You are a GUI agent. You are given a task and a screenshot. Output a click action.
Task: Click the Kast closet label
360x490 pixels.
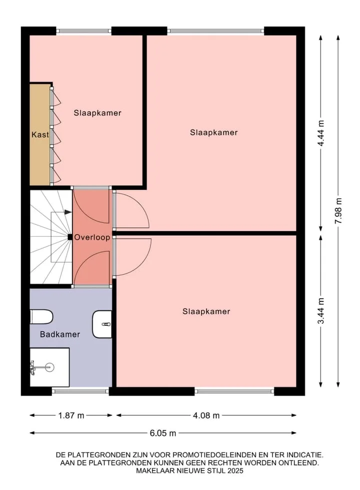click(40, 135)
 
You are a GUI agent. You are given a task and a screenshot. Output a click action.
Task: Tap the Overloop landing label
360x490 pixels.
click(92, 237)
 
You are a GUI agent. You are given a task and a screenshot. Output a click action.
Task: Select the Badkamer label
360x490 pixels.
click(60, 334)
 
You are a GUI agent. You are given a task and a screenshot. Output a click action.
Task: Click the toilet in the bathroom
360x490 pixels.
click(41, 316)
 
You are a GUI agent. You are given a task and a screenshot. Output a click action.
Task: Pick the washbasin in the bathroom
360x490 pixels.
click(102, 324)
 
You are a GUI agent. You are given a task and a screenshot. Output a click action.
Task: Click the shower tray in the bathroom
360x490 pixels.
click(49, 367)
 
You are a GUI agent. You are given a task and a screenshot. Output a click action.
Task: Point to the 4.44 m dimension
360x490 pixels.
click(320, 133)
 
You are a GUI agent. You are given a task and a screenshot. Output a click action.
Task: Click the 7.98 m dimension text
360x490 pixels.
click(338, 211)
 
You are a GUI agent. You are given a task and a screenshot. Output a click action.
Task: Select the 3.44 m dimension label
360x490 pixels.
click(320, 311)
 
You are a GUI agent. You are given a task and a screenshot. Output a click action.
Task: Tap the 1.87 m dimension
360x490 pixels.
click(71, 415)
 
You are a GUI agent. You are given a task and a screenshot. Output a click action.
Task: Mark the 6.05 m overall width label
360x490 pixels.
click(163, 433)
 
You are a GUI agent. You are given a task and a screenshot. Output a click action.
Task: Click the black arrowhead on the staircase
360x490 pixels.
click(68, 212)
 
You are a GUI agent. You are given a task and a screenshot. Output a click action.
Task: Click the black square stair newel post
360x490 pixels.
click(70, 237)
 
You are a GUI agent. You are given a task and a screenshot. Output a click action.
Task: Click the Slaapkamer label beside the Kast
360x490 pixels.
click(97, 113)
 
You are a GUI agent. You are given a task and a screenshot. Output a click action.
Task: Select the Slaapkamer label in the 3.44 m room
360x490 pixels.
click(206, 311)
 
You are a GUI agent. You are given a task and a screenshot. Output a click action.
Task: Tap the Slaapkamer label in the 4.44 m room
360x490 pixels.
click(214, 133)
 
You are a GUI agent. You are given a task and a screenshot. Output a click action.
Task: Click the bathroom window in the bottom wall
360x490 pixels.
click(80, 391)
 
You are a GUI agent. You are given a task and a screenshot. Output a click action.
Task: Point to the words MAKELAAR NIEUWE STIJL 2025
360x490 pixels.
click(189, 470)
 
